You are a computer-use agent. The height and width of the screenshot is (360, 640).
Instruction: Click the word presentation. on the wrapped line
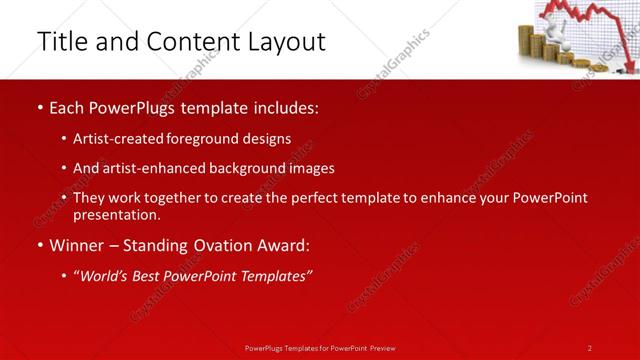click(116, 214)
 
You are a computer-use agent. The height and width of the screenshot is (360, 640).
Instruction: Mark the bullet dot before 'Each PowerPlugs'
click(39, 107)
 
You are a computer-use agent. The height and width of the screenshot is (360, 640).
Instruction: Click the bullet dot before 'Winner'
click(39, 245)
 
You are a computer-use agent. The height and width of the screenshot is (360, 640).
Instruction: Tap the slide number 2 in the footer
click(590, 348)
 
